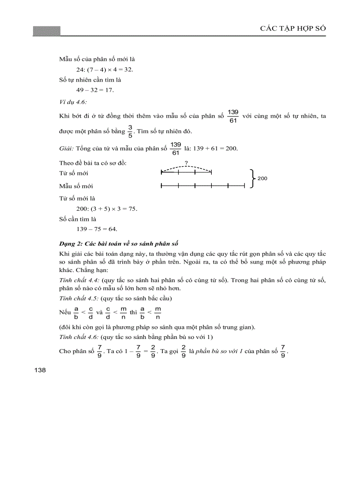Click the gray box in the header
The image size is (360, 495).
pyautogui.click(x=46, y=31)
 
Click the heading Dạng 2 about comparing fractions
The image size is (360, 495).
pyautogui.click(x=118, y=244)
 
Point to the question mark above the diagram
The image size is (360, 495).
pyautogui.click(x=186, y=163)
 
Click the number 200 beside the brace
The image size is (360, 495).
pyautogui.click(x=262, y=179)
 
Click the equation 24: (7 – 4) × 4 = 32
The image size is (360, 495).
pyautogui.click(x=105, y=69)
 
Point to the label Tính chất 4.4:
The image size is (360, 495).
pyautogui.click(x=79, y=280)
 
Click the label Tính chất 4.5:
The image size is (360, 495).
pyautogui.click(x=79, y=298)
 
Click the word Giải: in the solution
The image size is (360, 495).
pyautogui.click(x=67, y=148)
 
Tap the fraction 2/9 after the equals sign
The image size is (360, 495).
pyautogui.click(x=152, y=352)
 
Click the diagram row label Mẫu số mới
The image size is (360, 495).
pyautogui.click(x=76, y=186)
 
